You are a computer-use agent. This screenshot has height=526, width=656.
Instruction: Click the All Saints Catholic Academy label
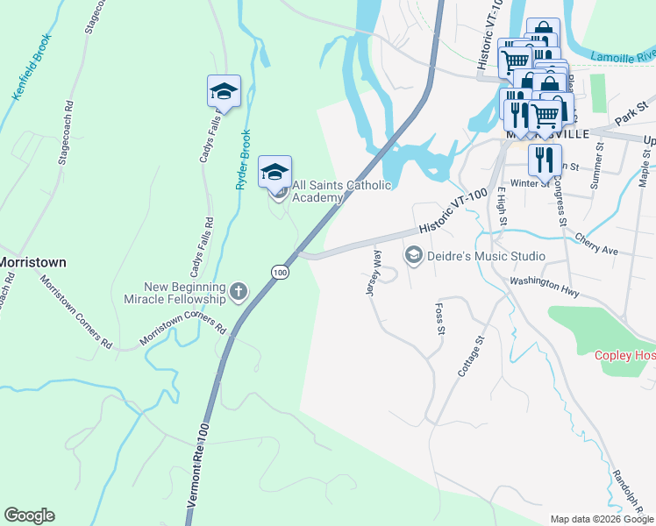341,191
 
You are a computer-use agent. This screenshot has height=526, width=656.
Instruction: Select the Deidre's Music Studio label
485,256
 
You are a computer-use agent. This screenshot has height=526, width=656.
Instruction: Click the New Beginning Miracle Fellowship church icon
239,289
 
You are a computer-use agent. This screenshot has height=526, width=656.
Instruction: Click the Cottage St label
471,356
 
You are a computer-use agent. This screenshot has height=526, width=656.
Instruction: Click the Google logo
29,515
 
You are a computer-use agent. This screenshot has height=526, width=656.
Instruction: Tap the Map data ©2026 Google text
602,519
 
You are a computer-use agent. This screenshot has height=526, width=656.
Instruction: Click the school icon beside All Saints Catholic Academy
275,171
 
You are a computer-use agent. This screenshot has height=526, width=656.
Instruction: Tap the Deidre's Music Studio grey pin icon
412,255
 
